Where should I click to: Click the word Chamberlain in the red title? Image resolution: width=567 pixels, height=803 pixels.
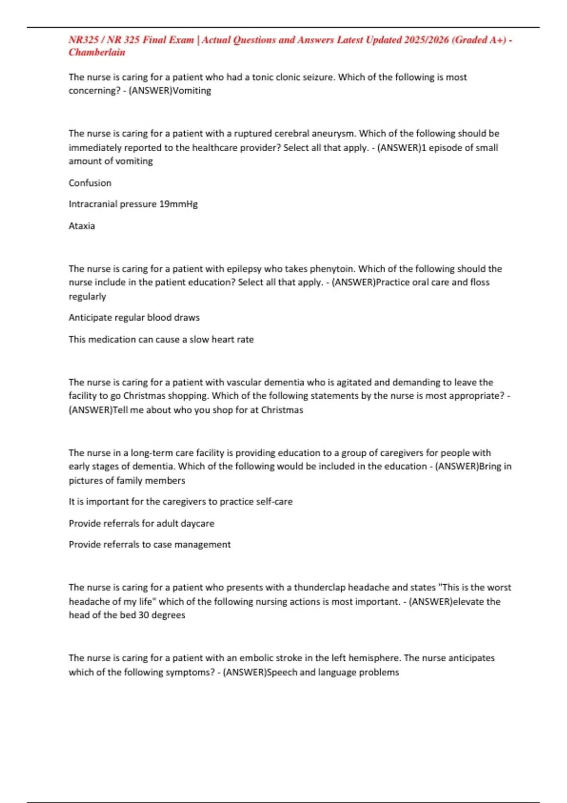tap(97, 52)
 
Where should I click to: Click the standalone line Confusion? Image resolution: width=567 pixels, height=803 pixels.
tap(90, 183)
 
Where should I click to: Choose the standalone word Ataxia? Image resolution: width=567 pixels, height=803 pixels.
tap(82, 226)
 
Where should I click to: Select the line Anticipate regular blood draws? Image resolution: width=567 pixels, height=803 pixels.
tap(134, 317)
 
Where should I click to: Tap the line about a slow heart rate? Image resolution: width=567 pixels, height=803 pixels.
tap(161, 339)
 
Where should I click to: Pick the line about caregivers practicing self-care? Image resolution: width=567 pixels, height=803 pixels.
tap(180, 502)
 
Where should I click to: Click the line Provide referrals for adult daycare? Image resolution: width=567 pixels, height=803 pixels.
tap(141, 523)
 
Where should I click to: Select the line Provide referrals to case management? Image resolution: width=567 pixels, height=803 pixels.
tap(149, 545)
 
